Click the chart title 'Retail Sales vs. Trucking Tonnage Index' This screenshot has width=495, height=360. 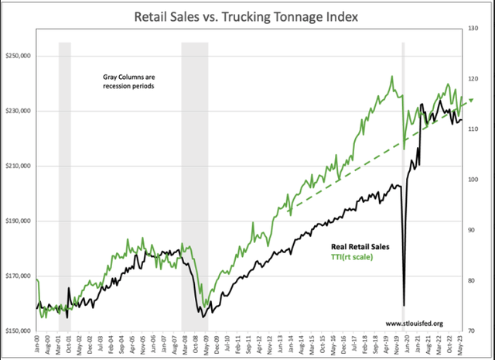[247, 15]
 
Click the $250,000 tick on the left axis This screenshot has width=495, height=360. [18, 57]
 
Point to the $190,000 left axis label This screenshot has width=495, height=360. [18, 221]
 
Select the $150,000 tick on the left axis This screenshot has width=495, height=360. [18, 331]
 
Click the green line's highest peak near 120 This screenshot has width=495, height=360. [392, 76]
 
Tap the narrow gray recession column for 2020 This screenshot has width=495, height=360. [402, 186]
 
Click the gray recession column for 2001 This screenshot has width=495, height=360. [65, 186]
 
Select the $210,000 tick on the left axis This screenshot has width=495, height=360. [18, 166]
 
